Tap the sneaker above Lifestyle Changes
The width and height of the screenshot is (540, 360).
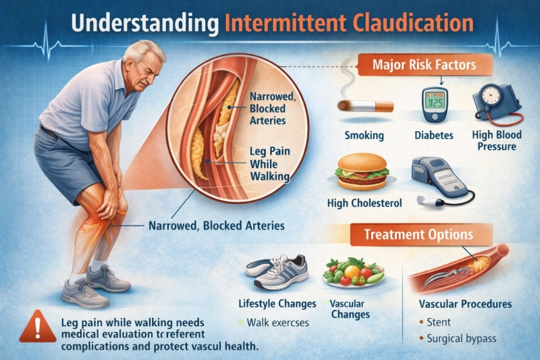[x=277, y=272]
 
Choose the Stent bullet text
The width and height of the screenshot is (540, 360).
[x=439, y=322]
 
